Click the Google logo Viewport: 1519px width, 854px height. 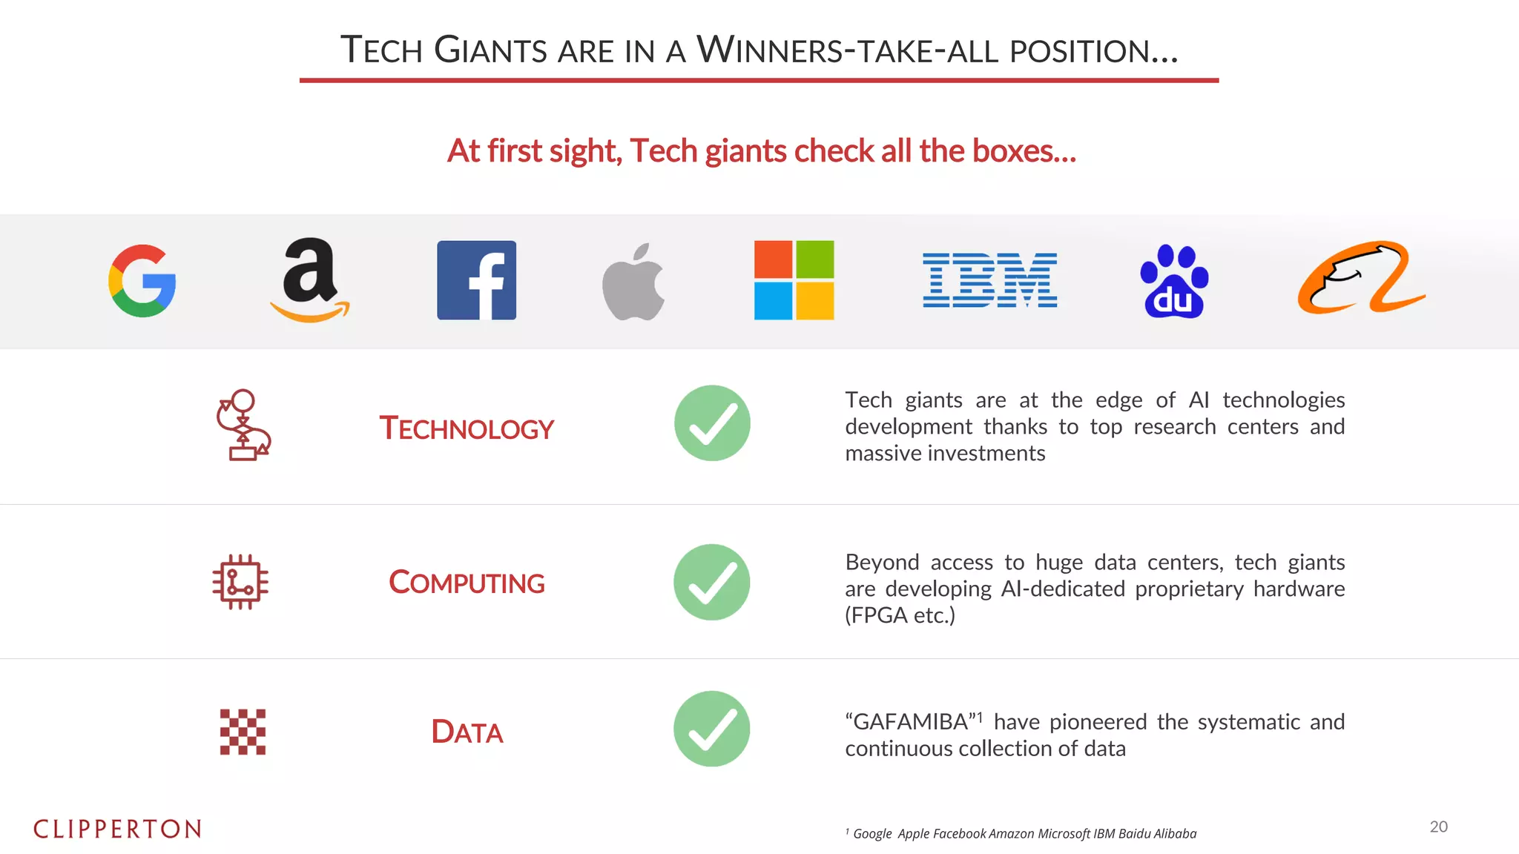(x=142, y=281)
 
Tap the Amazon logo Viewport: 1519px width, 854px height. (x=310, y=280)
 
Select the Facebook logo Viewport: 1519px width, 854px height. (x=476, y=280)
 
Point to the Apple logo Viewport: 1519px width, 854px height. (x=633, y=282)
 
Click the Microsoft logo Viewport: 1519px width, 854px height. (x=794, y=280)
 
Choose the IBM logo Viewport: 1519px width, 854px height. (x=989, y=280)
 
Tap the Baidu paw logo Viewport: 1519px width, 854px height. (x=1174, y=282)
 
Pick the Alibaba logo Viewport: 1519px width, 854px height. (x=1361, y=278)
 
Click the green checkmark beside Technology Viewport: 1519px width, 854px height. (x=712, y=423)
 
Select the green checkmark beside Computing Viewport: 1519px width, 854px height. (x=712, y=582)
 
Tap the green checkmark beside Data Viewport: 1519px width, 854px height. (x=712, y=729)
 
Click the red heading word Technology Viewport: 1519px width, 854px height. (x=467, y=428)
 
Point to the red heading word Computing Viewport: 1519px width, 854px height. (x=467, y=583)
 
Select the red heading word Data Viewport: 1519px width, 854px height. (x=467, y=732)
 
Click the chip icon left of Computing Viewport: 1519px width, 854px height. (x=240, y=582)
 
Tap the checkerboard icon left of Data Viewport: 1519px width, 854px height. (x=243, y=732)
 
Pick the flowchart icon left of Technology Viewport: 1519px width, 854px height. (x=243, y=425)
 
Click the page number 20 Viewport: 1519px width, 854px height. (x=1438, y=827)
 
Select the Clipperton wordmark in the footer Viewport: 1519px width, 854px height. (x=117, y=829)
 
